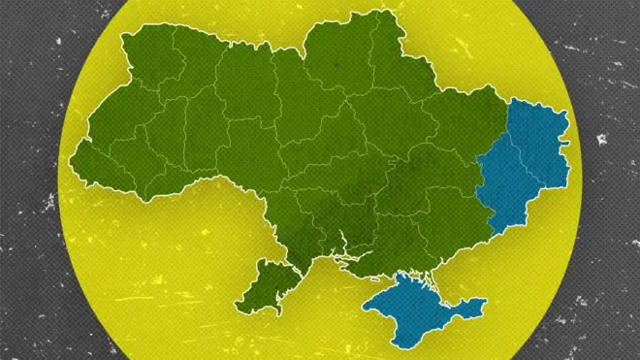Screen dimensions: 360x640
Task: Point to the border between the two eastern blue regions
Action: (519, 165)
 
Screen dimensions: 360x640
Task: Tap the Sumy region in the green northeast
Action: (398, 73)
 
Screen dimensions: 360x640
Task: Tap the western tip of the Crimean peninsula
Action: (367, 308)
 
